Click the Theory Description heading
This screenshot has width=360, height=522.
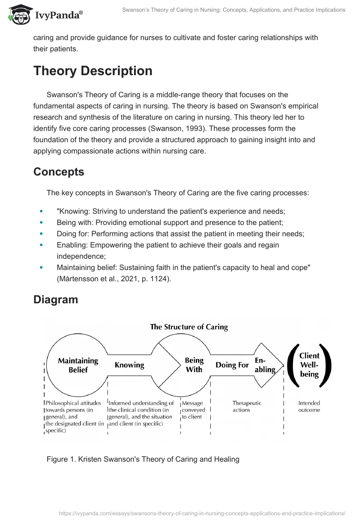click(x=93, y=71)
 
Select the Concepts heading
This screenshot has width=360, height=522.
click(x=58, y=172)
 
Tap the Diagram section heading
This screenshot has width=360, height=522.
click(x=55, y=299)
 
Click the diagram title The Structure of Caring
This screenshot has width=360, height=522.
click(x=189, y=327)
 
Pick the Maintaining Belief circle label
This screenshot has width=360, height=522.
click(x=78, y=365)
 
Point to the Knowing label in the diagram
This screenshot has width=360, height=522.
click(x=129, y=365)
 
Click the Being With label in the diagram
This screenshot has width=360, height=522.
click(x=194, y=365)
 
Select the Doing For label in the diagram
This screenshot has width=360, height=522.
click(x=232, y=365)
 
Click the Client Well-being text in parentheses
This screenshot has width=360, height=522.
click(x=309, y=365)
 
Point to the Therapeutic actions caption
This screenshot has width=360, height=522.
click(x=247, y=406)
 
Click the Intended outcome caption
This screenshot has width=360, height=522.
click(x=309, y=406)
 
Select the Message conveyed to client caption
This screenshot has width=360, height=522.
click(x=193, y=410)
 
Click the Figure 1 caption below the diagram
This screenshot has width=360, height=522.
click(x=143, y=459)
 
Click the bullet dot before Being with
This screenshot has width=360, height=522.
click(x=41, y=222)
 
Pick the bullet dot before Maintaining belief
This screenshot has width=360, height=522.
click(x=41, y=268)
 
